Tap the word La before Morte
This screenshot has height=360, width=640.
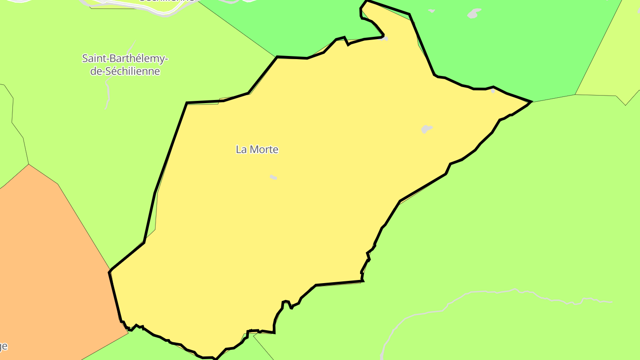click(241, 150)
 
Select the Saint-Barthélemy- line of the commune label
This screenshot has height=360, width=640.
click(125, 59)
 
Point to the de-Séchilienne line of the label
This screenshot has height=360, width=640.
click(125, 71)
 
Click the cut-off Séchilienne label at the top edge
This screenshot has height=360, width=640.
click(167, 1)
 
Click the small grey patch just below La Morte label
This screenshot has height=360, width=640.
click(273, 177)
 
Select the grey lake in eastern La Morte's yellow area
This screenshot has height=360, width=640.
click(426, 129)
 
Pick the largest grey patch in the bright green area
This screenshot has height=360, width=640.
click(474, 14)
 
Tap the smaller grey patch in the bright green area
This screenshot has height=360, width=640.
click(431, 11)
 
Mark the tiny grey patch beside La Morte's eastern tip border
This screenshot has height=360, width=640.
click(492, 91)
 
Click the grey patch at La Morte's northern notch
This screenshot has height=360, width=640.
click(384, 39)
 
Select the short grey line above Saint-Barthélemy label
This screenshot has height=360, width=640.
click(131, 46)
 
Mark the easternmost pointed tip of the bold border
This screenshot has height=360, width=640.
click(532, 102)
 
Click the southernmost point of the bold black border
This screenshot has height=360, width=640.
click(215, 358)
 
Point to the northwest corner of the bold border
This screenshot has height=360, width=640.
click(187, 103)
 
